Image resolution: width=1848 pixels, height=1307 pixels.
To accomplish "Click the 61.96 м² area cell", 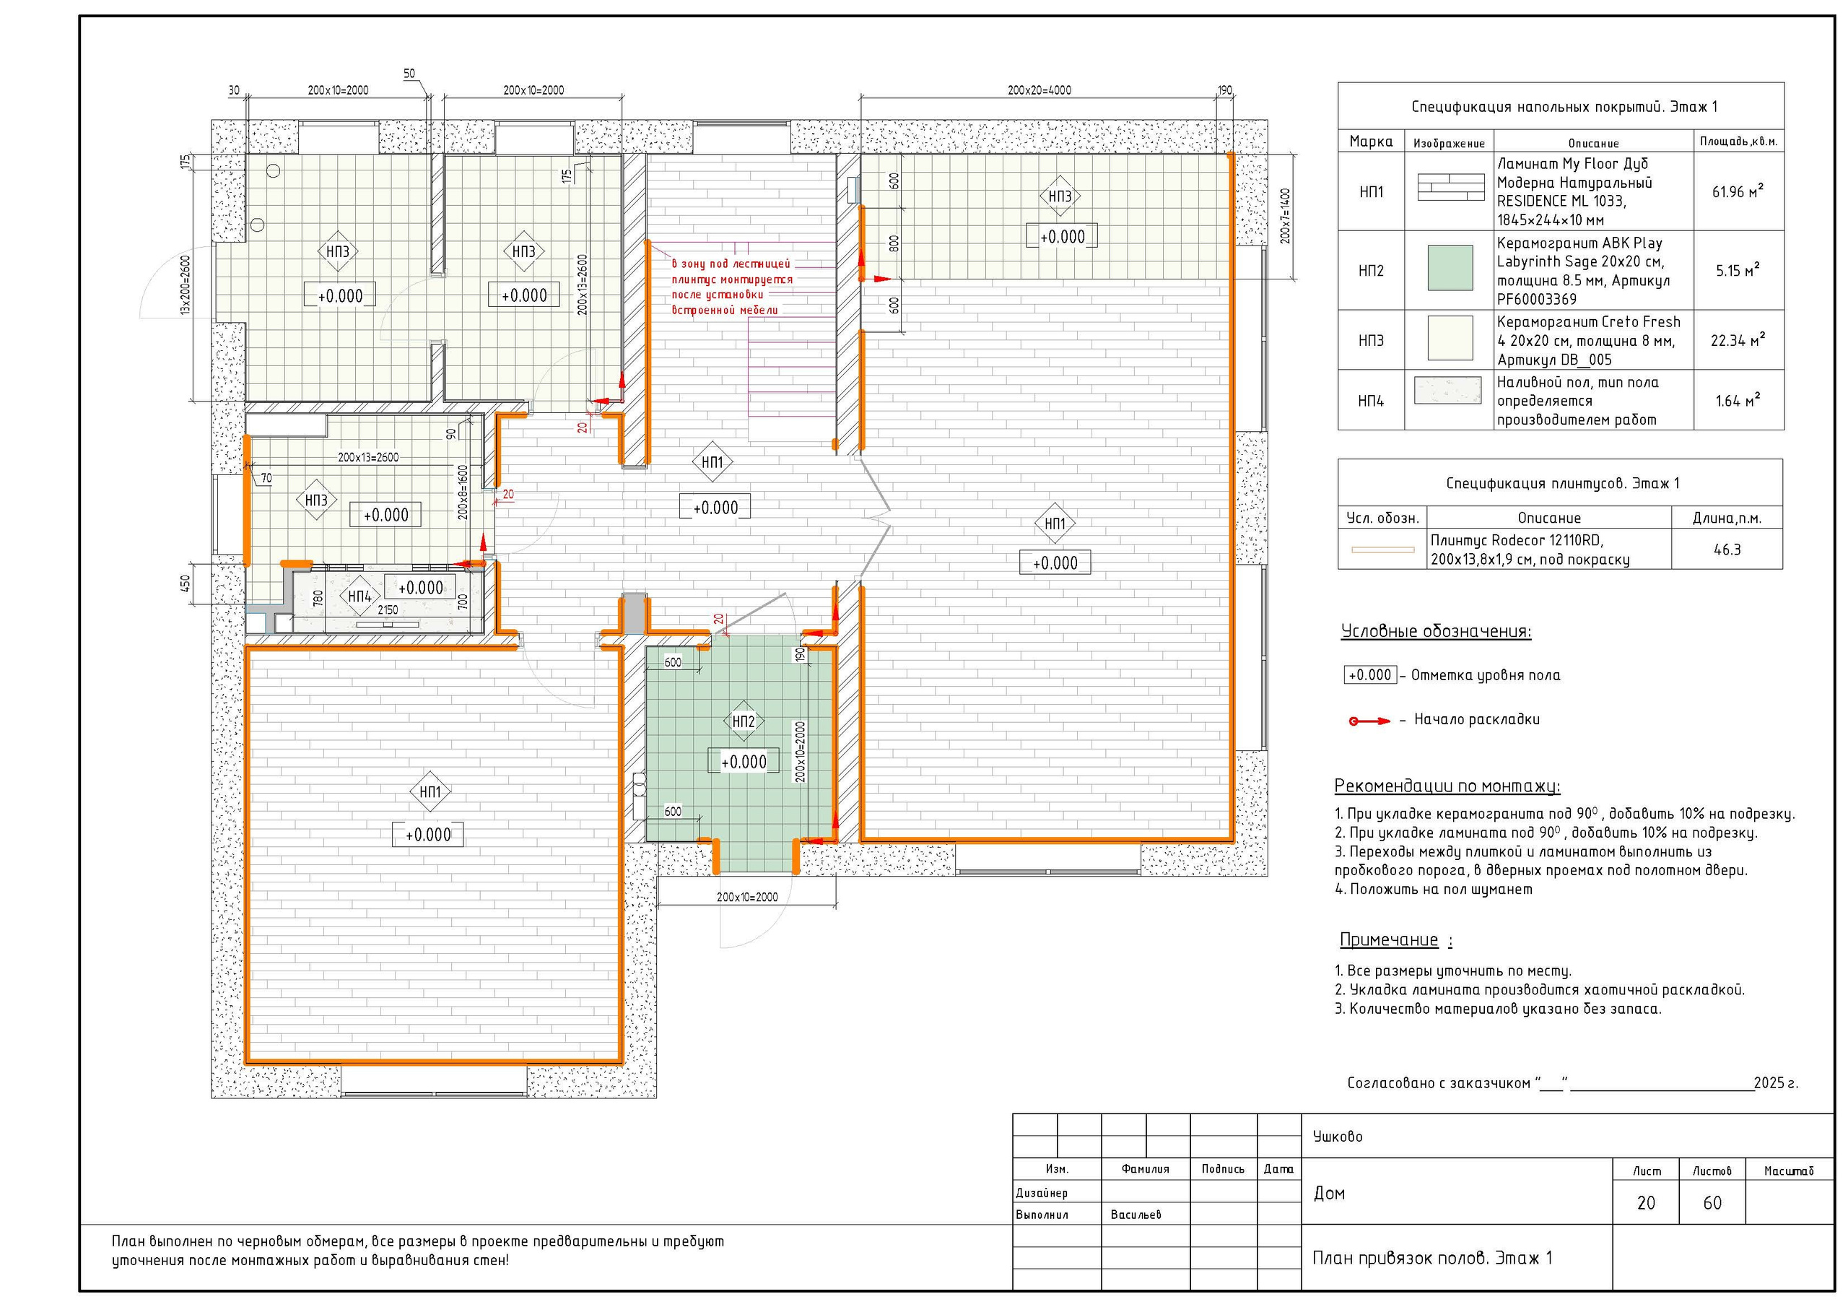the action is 1738,191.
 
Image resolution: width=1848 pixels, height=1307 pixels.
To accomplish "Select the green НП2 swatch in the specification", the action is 1450,268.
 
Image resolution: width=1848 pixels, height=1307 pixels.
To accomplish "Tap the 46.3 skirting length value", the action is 1727,550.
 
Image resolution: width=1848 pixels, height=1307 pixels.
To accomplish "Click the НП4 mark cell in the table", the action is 1371,400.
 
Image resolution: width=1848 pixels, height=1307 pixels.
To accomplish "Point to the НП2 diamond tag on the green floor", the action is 743,721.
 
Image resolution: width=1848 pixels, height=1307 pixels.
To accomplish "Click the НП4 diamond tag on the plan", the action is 359,596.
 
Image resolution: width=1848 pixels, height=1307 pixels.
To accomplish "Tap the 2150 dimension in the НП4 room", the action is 388,609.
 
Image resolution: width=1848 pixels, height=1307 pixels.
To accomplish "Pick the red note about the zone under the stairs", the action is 732,287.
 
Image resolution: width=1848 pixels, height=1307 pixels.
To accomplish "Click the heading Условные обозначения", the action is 1436,631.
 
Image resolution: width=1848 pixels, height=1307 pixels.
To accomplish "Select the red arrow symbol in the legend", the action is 1370,721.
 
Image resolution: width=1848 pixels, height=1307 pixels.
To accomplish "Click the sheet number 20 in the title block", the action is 1646,1203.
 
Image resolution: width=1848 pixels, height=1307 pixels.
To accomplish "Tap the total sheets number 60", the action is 1712,1203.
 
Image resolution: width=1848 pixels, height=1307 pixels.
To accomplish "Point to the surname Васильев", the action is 1136,1215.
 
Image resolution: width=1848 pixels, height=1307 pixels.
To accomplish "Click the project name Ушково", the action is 1338,1137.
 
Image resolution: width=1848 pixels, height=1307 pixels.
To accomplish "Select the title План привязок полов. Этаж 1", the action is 1432,1258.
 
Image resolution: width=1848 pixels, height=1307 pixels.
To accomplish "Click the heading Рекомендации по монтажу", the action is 1447,786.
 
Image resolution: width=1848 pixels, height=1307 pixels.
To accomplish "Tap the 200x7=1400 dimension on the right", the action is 1285,216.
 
